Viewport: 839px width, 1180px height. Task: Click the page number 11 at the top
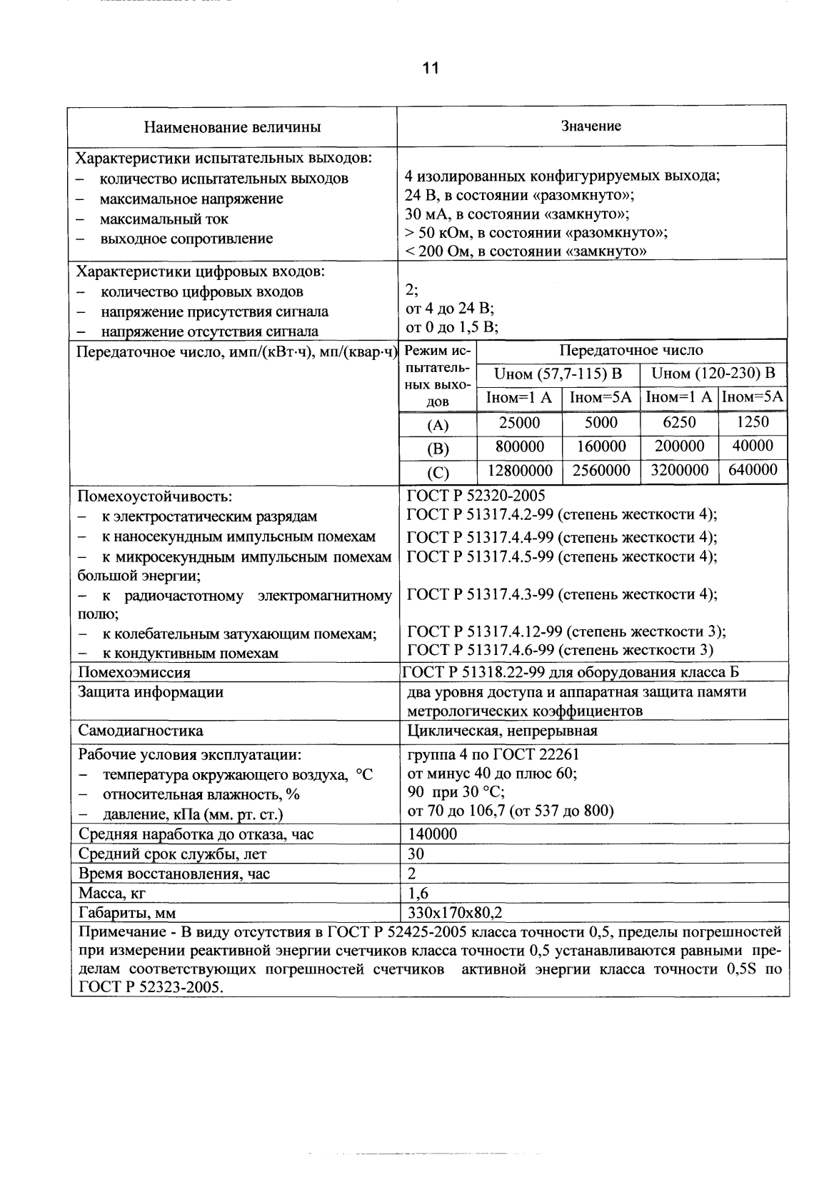click(x=431, y=69)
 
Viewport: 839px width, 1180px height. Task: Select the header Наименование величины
click(x=233, y=128)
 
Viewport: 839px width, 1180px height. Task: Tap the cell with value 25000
click(x=519, y=423)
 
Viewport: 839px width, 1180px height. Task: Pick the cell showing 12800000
click(x=519, y=471)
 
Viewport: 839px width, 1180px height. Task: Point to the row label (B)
click(x=437, y=449)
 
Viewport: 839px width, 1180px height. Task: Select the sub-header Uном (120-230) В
click(x=713, y=374)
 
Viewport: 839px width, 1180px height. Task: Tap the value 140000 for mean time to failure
click(x=432, y=834)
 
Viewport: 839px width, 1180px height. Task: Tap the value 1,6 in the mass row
click(x=418, y=893)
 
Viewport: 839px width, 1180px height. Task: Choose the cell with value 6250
click(x=679, y=423)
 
